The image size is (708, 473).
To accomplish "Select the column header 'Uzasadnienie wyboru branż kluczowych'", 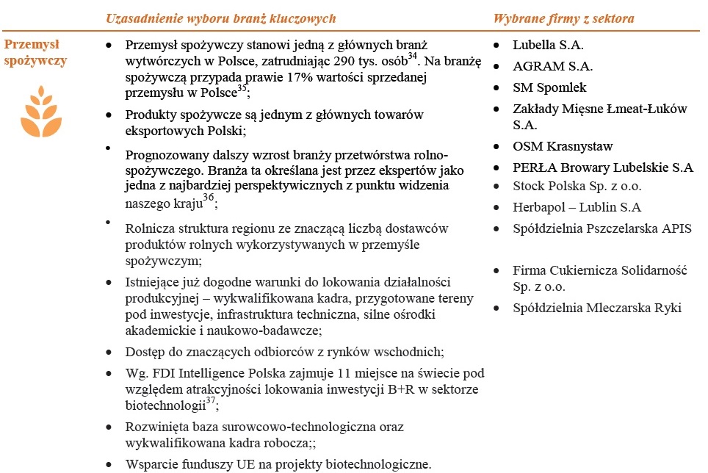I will (x=221, y=18).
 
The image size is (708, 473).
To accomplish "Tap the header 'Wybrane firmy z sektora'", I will (x=563, y=18).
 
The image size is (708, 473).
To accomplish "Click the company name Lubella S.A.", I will (x=548, y=45).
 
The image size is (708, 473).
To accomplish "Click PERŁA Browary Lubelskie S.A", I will (x=602, y=167).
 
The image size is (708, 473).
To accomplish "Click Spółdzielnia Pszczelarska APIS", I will (x=602, y=228).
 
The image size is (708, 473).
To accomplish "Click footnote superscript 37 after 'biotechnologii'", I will (x=209, y=400).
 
